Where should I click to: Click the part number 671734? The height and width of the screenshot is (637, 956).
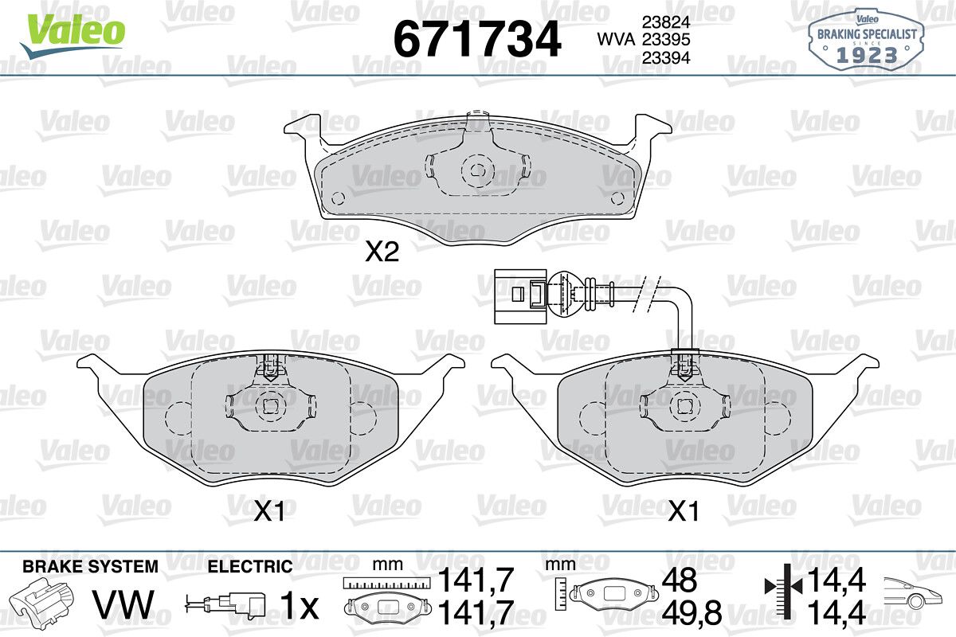coord(477,39)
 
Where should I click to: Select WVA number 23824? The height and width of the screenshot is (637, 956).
coord(666,22)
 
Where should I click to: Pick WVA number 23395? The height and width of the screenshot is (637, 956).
coord(666,40)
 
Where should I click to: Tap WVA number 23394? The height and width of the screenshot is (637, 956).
coord(666,57)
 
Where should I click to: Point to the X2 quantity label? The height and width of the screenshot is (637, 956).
coord(382,252)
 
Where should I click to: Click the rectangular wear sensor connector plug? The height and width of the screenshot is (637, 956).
coord(520,296)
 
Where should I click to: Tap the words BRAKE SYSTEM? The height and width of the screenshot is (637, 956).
coord(91,567)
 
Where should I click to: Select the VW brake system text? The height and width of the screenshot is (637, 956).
coord(123,604)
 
